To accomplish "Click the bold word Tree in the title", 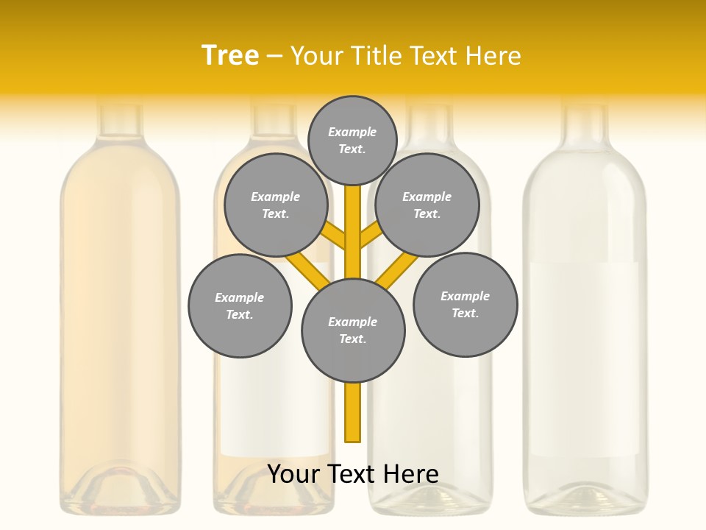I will [x=230, y=55].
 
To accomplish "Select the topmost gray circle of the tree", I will [x=352, y=140].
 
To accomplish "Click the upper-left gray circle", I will [x=275, y=205].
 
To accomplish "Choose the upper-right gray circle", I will [x=427, y=205].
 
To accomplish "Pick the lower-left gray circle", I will [x=240, y=305].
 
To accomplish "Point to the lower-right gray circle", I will [x=465, y=304].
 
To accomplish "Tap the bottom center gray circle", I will [x=353, y=330].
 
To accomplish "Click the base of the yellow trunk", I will [x=353, y=431].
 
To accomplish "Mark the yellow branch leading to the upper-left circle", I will [x=335, y=238].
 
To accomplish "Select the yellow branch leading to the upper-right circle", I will [x=370, y=236].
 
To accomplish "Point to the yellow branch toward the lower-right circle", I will [x=396, y=271].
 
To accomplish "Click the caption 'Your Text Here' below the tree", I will [x=353, y=474].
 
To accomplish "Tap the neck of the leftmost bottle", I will [x=120, y=121].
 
